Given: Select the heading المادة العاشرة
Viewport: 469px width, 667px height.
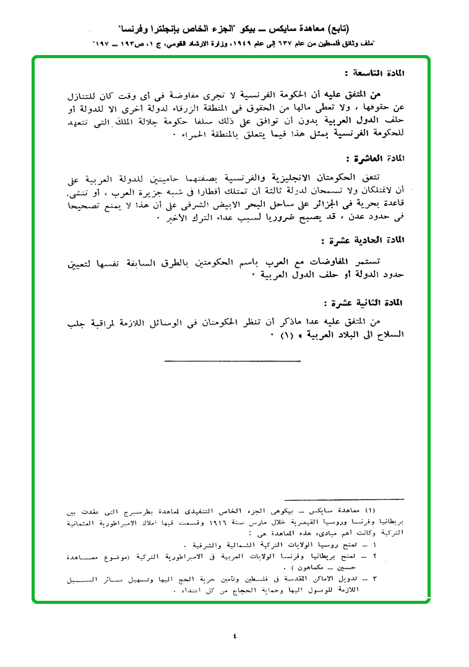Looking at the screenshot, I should click(377, 159).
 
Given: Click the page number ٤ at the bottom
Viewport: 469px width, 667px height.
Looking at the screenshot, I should click(234, 635).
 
